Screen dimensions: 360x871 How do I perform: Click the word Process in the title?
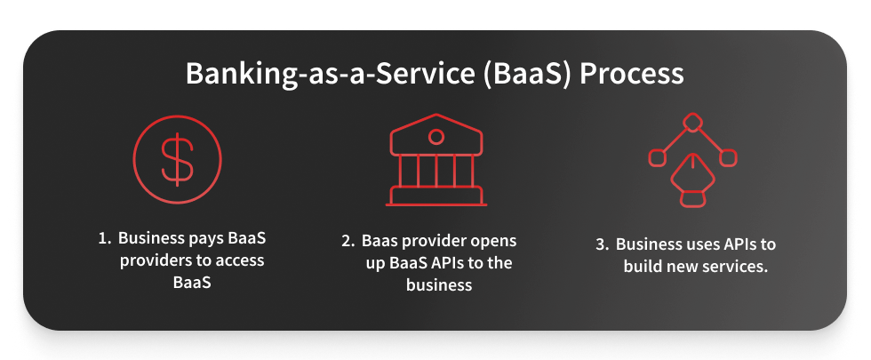(x=632, y=73)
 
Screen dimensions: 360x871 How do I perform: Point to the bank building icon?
(x=435, y=160)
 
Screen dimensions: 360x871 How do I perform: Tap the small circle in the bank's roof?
(x=435, y=136)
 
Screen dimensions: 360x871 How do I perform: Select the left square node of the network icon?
(x=657, y=157)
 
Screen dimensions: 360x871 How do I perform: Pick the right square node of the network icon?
(x=727, y=157)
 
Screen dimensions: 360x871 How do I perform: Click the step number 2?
(x=348, y=241)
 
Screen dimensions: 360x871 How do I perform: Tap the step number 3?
(x=603, y=244)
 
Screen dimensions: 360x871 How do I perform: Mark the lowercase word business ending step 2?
(x=439, y=285)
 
